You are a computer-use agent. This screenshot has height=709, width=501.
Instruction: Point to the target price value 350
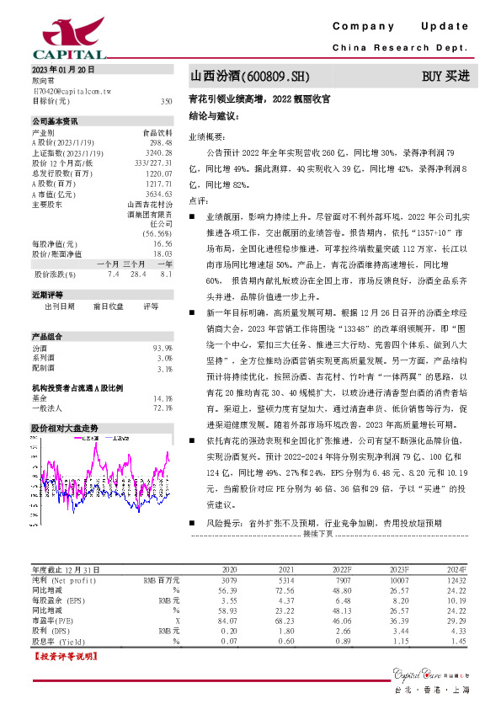click(x=166, y=101)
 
